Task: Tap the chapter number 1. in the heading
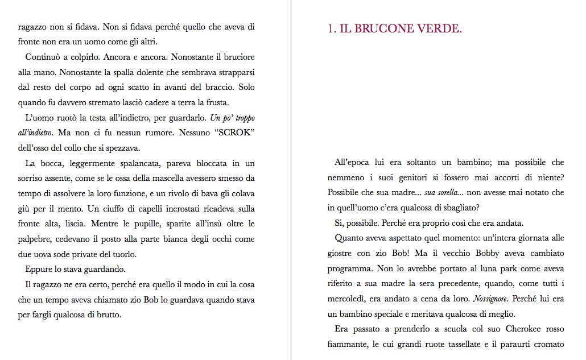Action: point(332,29)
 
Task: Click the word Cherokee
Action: point(507,329)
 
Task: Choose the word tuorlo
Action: point(122,254)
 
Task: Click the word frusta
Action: point(216,103)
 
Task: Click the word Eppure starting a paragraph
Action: point(39,269)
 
